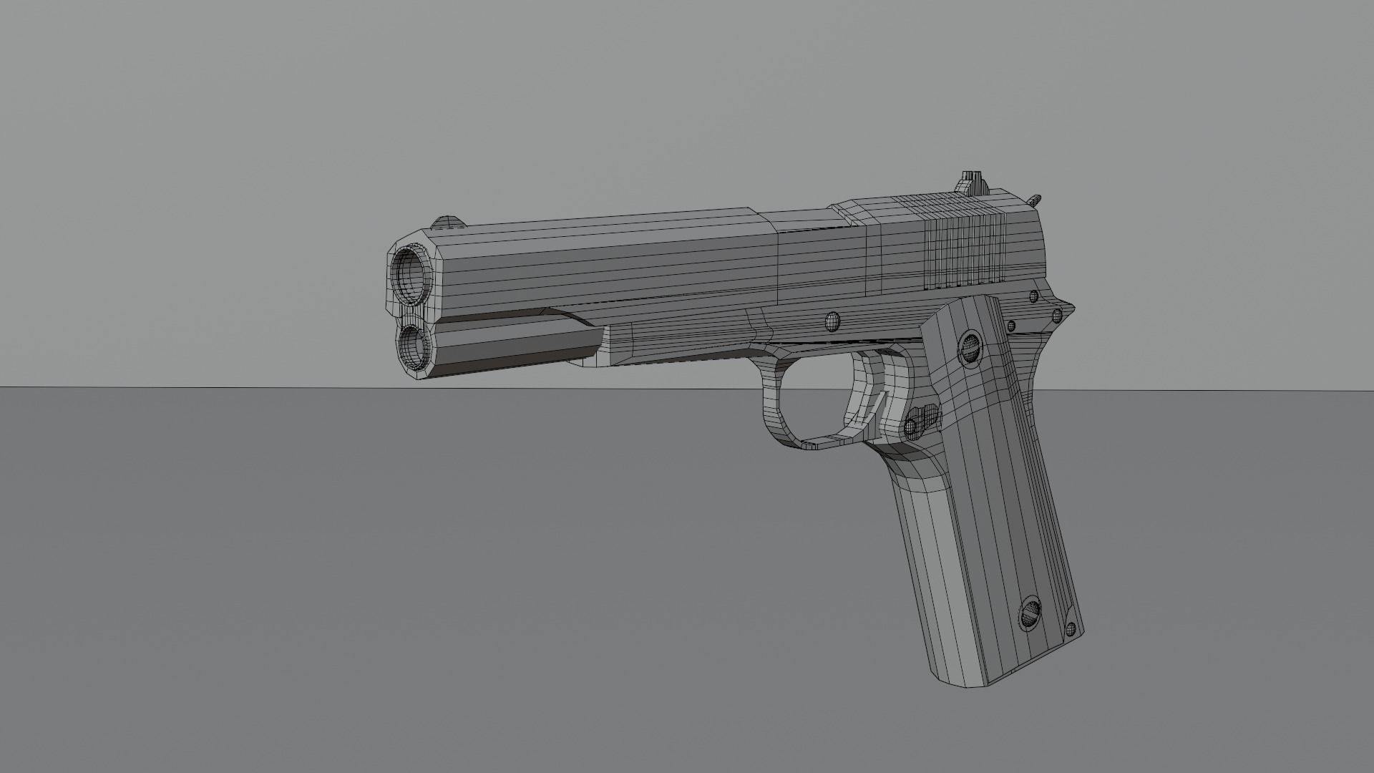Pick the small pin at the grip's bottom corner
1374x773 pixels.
point(1071,629)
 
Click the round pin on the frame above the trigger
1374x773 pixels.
point(832,321)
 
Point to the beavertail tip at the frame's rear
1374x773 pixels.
point(1071,309)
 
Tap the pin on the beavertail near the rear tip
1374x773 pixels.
point(1056,316)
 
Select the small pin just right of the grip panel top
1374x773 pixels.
point(1011,326)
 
